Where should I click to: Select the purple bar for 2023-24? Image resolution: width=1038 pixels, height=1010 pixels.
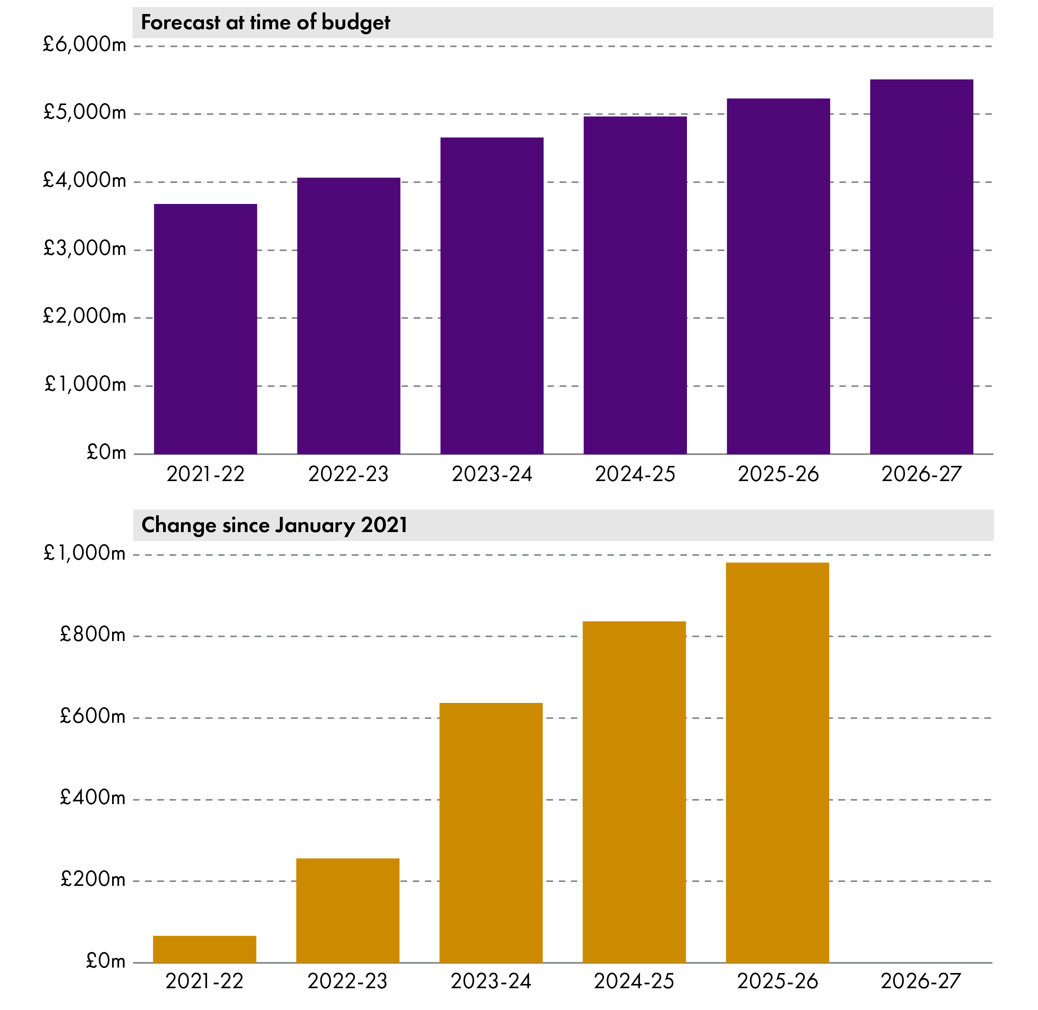coord(492,295)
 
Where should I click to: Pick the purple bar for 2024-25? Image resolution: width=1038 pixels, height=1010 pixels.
coord(635,285)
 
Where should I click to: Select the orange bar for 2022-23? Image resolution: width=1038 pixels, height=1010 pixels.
coord(348,910)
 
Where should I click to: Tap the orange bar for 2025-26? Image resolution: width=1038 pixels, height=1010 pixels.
coord(777,762)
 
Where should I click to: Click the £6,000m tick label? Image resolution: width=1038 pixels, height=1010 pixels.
coord(85,44)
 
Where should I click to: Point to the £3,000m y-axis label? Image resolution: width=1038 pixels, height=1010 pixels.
coord(85,248)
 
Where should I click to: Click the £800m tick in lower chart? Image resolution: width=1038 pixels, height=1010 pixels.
coord(93,634)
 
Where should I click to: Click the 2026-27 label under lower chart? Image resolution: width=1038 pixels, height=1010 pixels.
coord(921,981)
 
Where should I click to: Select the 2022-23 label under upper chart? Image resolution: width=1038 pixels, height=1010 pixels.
coord(348,474)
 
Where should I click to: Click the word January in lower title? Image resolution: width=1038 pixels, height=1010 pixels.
coord(315,525)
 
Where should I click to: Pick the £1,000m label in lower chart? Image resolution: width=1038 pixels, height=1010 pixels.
coord(85,553)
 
